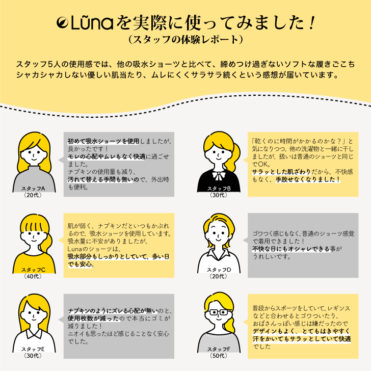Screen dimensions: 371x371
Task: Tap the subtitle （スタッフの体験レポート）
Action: (185, 40)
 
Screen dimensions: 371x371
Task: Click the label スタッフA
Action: (33, 189)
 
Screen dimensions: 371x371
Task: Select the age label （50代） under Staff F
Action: (219, 356)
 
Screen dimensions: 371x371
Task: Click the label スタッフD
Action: (219, 270)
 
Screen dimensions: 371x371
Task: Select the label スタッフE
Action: (33, 349)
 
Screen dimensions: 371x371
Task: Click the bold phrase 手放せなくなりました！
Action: (308, 179)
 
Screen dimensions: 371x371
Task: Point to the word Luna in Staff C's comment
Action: (74, 249)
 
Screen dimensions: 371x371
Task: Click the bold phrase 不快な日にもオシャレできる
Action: (291, 249)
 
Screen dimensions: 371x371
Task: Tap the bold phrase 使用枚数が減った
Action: (93, 319)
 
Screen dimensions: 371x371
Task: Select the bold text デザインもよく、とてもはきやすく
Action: (301, 331)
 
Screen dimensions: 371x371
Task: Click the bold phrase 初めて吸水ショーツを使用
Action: (103, 141)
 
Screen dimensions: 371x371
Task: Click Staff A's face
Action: (34, 155)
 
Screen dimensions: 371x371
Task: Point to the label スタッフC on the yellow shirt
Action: (33, 270)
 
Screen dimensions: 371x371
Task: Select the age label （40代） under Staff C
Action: (33, 276)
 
